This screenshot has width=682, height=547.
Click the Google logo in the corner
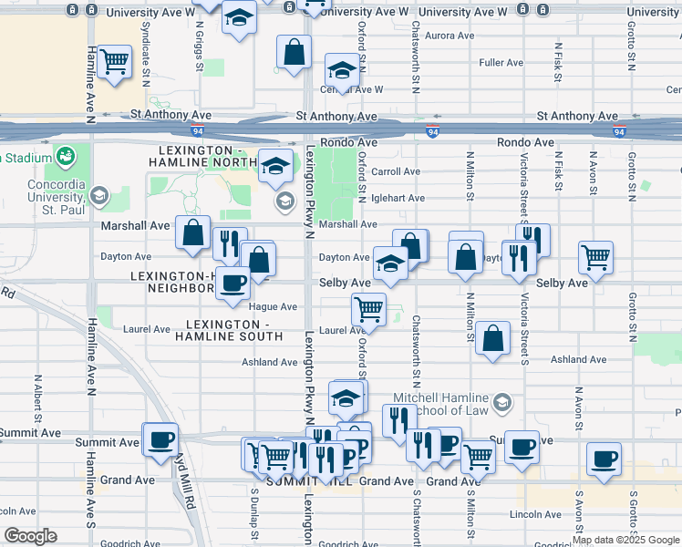pos(29,536)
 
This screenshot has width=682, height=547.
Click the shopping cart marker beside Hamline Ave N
pos(115,62)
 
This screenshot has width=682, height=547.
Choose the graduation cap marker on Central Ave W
pos(343,69)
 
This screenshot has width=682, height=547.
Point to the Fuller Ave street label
pos(501,63)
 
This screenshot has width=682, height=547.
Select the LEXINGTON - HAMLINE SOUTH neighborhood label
pos(234,330)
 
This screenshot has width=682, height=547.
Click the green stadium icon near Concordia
pos(65,157)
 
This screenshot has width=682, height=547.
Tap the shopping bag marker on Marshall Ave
pos(193,232)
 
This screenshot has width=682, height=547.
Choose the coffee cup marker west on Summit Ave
pos(161,439)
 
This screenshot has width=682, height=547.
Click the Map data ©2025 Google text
pos(625,541)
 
